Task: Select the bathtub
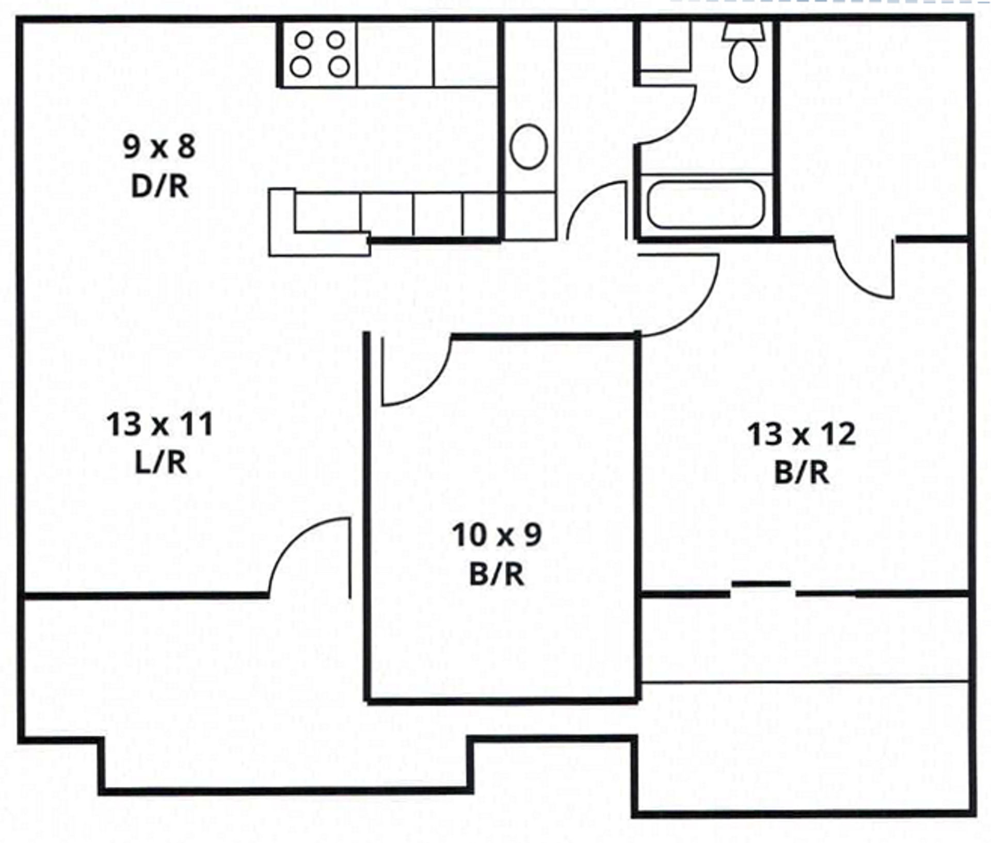[706, 205]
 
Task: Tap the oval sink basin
[529, 147]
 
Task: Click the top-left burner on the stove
[304, 40]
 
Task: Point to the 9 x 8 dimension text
[159, 147]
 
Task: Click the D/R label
[159, 187]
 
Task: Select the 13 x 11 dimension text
[159, 424]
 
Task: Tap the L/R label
[160, 463]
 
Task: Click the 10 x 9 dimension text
[497, 534]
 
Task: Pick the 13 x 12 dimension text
[801, 433]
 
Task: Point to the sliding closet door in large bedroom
[762, 584]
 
